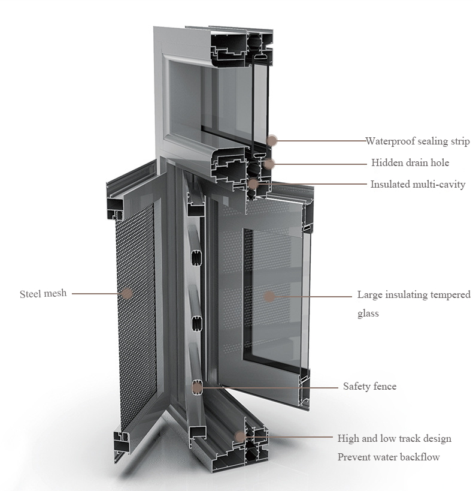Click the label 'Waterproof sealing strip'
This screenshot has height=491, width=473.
click(418, 141)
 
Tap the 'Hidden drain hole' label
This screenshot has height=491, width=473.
click(410, 162)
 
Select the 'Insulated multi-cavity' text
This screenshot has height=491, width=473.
click(418, 184)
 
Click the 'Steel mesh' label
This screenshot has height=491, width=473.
click(43, 294)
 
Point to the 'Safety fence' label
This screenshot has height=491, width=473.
click(370, 386)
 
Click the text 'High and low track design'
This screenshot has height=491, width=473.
click(394, 438)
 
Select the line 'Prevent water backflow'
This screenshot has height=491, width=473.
click(389, 457)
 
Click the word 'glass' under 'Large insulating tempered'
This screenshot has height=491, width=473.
click(368, 314)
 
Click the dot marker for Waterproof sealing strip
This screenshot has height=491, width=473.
click(272, 141)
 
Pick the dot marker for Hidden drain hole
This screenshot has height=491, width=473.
click(269, 163)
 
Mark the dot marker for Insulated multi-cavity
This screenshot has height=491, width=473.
click(253, 184)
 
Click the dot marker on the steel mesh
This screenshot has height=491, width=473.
click(127, 293)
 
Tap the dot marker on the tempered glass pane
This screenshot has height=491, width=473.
click(269, 296)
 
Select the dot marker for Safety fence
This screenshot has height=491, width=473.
click(197, 388)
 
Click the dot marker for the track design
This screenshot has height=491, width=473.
click(240, 436)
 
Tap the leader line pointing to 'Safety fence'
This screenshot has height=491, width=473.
click(270, 388)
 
